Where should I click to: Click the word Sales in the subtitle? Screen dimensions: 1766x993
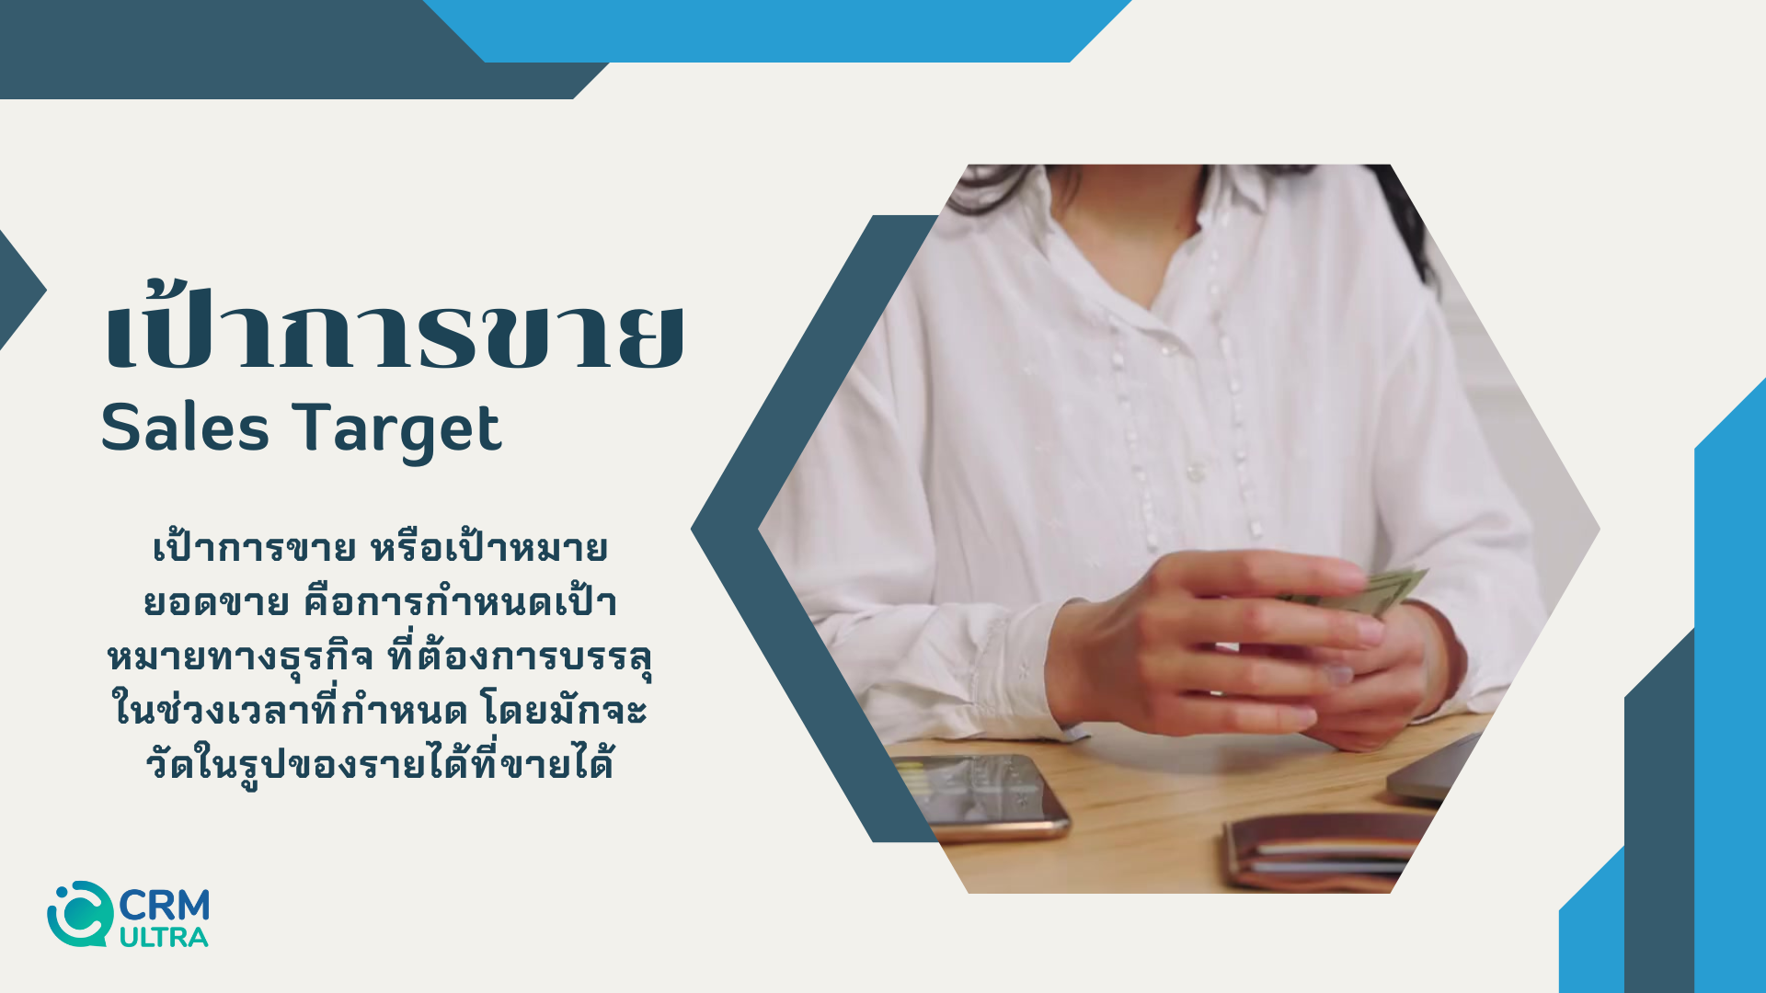[185, 428]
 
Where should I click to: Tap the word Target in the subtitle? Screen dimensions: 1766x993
[397, 430]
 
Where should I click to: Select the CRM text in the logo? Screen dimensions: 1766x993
[165, 906]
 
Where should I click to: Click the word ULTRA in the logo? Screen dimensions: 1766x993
[164, 938]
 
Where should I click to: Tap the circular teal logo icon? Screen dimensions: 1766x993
[80, 914]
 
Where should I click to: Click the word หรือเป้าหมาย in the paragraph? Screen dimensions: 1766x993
[488, 549]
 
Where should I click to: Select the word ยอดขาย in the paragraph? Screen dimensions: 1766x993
[217, 603]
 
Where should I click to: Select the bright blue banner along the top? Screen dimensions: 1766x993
[777, 30]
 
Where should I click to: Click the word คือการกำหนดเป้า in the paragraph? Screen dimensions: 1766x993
[461, 601]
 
